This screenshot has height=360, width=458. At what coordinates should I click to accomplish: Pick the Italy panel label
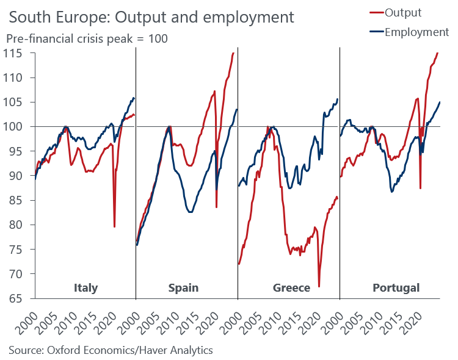click(85, 287)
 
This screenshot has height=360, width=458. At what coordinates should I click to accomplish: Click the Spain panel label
click(183, 287)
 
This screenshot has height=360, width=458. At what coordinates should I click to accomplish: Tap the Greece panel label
click(289, 287)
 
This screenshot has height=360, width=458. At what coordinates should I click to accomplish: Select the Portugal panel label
click(396, 287)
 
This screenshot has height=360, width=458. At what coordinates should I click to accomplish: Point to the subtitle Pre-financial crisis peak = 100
click(87, 38)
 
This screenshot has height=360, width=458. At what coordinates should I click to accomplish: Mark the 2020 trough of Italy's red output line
click(115, 227)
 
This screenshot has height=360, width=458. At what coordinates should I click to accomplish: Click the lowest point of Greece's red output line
click(319, 286)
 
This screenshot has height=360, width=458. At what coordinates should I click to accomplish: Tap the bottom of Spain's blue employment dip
click(191, 212)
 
